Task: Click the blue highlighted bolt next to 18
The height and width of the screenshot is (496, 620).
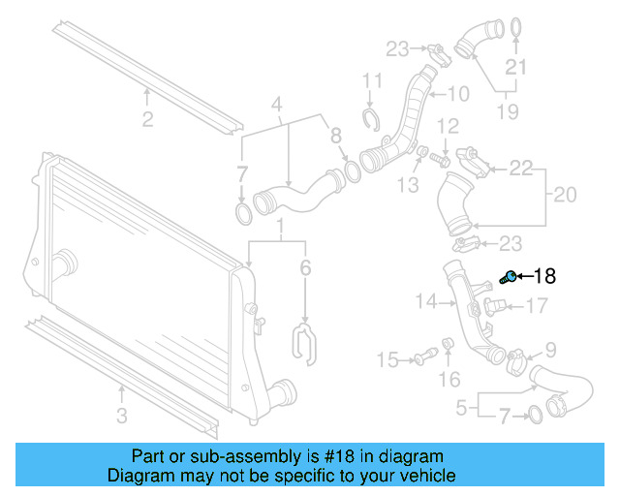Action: click(x=509, y=278)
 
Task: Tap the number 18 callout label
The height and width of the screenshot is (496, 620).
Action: click(x=545, y=276)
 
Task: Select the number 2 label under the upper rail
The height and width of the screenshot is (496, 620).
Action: click(x=147, y=120)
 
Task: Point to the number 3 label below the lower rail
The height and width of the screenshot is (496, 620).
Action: click(x=121, y=418)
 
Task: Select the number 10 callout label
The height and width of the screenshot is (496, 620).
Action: click(x=456, y=94)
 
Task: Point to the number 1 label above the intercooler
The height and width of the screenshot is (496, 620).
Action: click(x=281, y=231)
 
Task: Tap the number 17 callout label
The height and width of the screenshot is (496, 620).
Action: click(x=536, y=307)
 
